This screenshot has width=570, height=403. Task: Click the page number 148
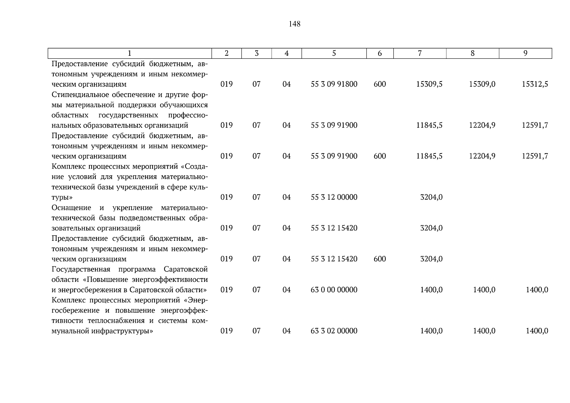294,24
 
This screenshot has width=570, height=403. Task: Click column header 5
334,53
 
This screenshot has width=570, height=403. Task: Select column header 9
525,53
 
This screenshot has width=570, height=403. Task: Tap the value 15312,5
535,84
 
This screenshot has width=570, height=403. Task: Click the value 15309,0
482,84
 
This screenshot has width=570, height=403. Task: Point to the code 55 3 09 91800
334,84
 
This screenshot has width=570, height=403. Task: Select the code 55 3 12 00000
334,197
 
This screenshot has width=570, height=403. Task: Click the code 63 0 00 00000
334,290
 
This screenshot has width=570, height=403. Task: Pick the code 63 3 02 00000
334,331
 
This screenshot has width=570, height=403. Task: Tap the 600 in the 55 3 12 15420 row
380,259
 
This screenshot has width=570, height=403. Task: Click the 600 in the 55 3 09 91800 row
380,84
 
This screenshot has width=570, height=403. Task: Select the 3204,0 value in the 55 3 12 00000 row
431,197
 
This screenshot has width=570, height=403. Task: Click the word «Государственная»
81,269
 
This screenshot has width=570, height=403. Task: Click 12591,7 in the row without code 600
535,125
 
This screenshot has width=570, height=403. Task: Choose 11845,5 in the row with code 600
429,156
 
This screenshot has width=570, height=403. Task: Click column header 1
130,53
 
